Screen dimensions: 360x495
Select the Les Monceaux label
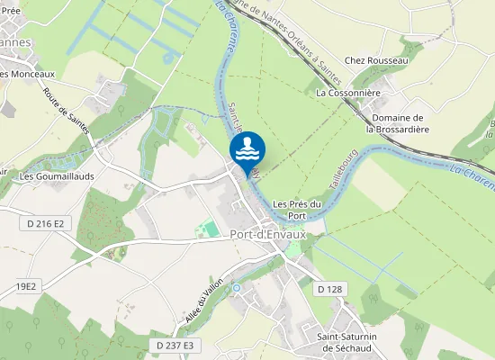[x=27, y=74]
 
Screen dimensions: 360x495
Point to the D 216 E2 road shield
[x=45, y=222]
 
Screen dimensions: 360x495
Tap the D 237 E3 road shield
[x=175, y=345]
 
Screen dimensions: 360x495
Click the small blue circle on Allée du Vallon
[x=236, y=288]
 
